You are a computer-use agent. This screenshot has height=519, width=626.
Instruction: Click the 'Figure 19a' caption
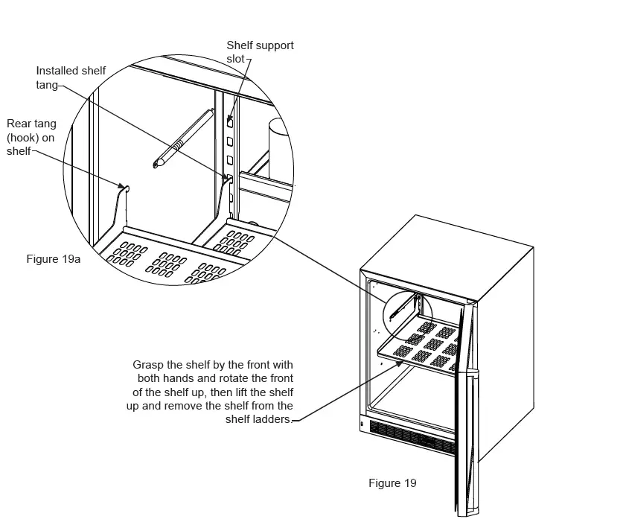[x=53, y=259]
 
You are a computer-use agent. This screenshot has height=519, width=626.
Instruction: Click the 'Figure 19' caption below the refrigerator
[x=392, y=483]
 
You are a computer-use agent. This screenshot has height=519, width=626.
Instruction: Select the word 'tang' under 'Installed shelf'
[x=47, y=85]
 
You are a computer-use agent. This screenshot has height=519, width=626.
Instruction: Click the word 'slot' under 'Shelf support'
[x=236, y=59]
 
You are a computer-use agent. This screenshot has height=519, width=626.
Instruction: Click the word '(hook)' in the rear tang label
[x=23, y=137]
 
